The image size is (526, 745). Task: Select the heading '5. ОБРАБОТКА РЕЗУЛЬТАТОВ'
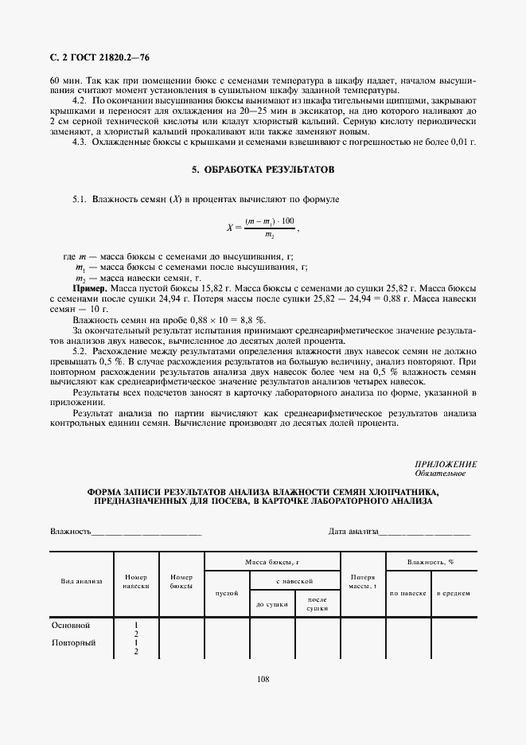(263, 170)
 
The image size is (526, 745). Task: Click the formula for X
(263, 227)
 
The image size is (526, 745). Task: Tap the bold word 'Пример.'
(90, 286)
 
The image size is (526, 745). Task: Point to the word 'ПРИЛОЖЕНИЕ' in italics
(446, 464)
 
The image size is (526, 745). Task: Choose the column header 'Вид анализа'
(82, 581)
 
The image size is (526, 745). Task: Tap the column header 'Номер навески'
(137, 581)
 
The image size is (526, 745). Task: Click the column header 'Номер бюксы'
(182, 581)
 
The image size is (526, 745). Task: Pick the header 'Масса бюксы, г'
(272, 562)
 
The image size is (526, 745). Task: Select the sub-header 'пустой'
(228, 593)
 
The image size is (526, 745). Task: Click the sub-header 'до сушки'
(272, 604)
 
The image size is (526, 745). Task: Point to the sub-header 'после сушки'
(318, 604)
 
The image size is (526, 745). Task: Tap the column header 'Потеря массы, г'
(363, 581)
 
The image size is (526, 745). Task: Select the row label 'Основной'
(71, 626)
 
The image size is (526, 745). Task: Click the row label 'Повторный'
(73, 643)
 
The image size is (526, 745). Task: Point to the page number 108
(263, 679)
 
